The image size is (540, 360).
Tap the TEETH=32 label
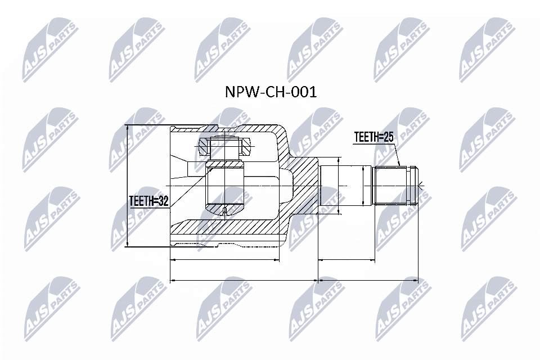(149, 201)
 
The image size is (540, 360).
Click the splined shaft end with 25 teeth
(395, 186)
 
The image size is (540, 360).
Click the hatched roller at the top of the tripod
(224, 147)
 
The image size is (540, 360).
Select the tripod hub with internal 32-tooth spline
(224, 186)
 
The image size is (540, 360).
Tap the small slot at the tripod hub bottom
(224, 211)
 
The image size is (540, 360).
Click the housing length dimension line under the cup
(224, 260)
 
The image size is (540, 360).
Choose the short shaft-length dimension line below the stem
(346, 260)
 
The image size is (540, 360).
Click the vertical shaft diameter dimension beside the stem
(339, 186)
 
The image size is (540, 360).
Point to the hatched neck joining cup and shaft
(304, 186)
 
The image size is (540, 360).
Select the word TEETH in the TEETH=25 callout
(365, 137)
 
